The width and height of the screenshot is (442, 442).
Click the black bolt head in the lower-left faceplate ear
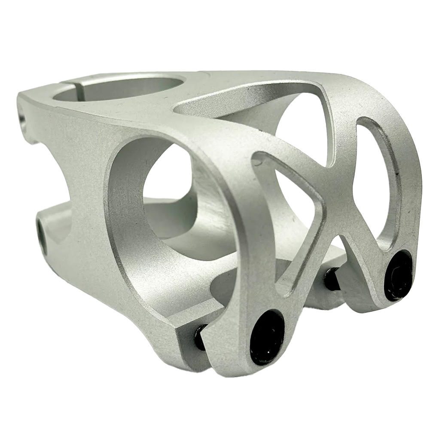click(x=267, y=337)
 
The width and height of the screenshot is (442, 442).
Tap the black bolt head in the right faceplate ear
click(x=398, y=275)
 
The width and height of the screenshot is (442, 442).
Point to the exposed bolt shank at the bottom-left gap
click(x=200, y=337)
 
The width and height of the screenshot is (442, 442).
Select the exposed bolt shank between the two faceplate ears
click(x=332, y=278)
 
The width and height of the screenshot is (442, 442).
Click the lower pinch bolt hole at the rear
click(x=42, y=234)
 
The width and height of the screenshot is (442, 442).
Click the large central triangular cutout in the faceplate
click(x=296, y=206)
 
